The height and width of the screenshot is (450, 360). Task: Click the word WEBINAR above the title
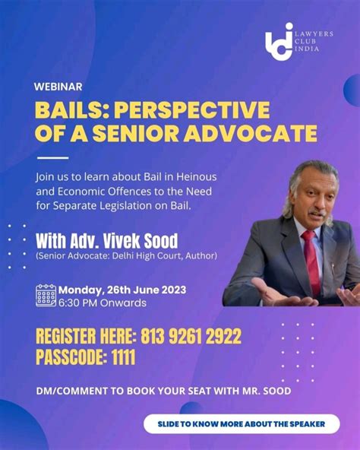pos(58,87)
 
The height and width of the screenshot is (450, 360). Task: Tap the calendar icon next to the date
pos(46,295)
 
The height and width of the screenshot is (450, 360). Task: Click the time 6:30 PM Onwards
pos(103,303)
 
